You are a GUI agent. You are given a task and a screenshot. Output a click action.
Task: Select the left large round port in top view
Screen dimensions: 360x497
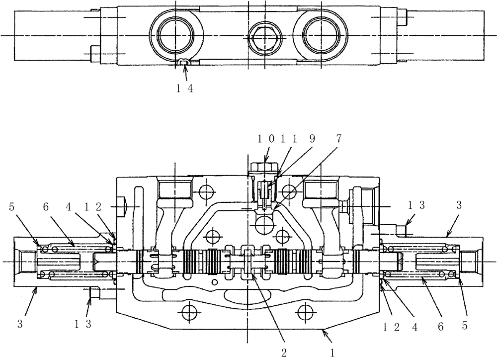click(x=175, y=35)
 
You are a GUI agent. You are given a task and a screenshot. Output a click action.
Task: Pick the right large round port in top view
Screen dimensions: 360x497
click(x=321, y=35)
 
